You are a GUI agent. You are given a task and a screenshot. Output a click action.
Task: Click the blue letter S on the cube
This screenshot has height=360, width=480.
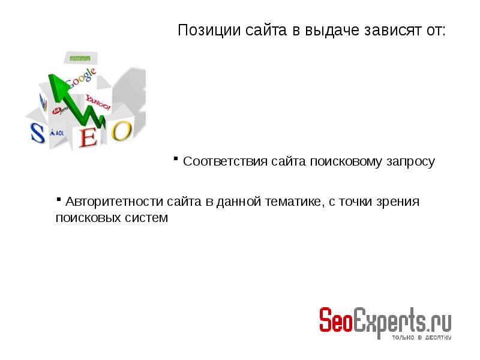[38, 133]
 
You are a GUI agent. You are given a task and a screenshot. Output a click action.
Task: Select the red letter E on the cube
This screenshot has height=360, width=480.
[88, 137]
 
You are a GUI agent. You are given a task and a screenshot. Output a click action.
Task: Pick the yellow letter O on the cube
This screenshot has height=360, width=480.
[121, 130]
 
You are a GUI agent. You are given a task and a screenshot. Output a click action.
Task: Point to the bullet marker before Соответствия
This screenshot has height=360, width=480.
[176, 158]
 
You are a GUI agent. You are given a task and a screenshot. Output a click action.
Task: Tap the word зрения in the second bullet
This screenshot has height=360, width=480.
[397, 202]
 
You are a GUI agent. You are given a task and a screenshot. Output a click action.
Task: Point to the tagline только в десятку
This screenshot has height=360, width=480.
[422, 337]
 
